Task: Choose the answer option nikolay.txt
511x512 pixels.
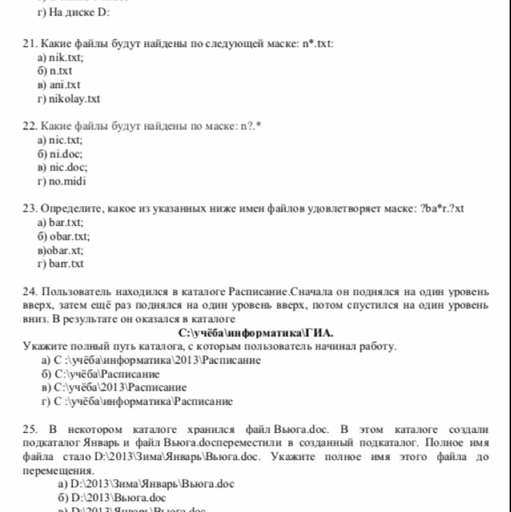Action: [74, 99]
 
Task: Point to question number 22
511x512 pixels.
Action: [29, 126]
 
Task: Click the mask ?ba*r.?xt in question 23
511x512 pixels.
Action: [445, 208]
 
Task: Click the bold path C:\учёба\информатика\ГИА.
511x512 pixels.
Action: [256, 333]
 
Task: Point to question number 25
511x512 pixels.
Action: [29, 429]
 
